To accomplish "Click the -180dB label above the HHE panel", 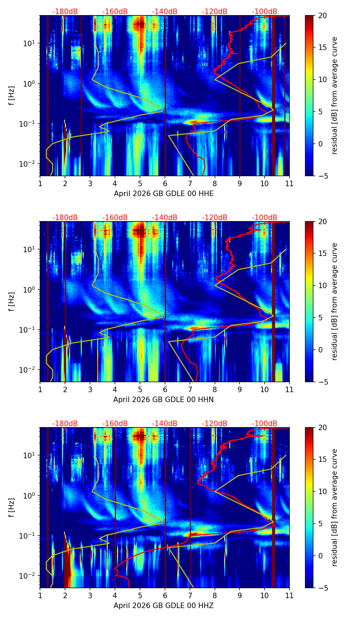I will (x=65, y=12).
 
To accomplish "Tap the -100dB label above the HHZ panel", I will (x=265, y=424).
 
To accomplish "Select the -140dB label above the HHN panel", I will (x=165, y=218).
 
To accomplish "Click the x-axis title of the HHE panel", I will (x=164, y=194).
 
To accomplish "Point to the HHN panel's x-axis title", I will (x=163, y=400).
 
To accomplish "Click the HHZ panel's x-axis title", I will (x=164, y=606).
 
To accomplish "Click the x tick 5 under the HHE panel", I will (x=140, y=183).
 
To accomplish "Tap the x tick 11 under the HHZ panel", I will (x=289, y=595).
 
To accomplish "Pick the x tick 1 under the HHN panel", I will (x=40, y=389).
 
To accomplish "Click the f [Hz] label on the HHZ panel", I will (x=11, y=508).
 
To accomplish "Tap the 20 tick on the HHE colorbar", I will (x=322, y=15).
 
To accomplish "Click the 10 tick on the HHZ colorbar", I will (x=322, y=492).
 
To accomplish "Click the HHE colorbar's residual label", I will (x=335, y=95).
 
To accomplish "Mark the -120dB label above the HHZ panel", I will (x=215, y=424).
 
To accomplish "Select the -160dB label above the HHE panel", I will (x=115, y=12).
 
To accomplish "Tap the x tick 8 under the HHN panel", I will (x=215, y=389).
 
